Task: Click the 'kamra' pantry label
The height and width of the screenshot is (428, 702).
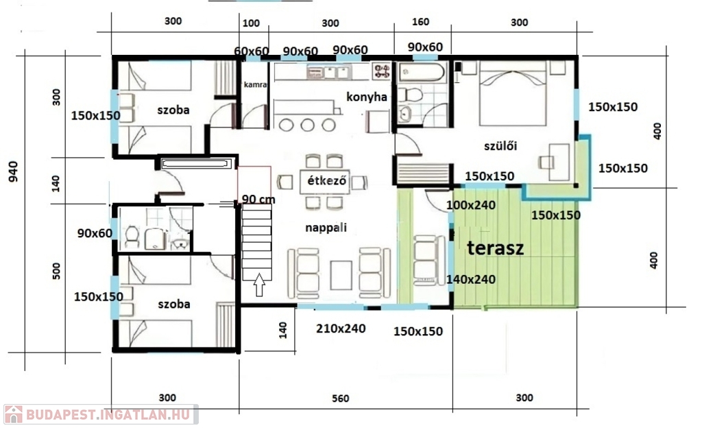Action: (255, 84)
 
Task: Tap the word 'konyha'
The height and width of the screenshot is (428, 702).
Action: (367, 97)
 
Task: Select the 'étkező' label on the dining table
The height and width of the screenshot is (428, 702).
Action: (326, 181)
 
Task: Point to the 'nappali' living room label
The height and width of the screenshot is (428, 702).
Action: (326, 228)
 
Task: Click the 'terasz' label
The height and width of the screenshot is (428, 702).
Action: (495, 248)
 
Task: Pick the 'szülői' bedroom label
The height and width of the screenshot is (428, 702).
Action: (500, 145)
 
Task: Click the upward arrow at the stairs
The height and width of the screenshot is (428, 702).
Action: (259, 285)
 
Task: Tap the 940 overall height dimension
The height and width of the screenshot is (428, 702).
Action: (14, 171)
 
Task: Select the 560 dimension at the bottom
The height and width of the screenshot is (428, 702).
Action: (340, 398)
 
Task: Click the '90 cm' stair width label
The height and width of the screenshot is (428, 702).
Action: (258, 199)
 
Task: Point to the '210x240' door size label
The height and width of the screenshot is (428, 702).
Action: (341, 329)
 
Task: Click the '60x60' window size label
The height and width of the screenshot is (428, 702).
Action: (251, 51)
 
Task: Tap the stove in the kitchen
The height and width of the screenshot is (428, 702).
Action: (381, 71)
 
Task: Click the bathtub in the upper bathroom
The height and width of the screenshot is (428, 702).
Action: (422, 73)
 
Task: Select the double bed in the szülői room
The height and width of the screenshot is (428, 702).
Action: (513, 93)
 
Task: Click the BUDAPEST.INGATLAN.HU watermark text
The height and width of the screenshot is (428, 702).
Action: (108, 414)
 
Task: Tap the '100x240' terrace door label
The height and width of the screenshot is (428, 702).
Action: (471, 205)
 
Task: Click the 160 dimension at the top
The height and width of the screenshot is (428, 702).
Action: (420, 22)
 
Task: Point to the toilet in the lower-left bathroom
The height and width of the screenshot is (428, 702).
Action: (132, 237)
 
